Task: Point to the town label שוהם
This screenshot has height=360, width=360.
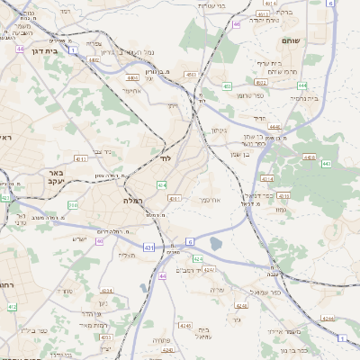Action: [315, 41]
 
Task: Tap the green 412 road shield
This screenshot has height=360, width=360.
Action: [12, 307]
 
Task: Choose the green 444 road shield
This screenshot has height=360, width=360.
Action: [302, 85]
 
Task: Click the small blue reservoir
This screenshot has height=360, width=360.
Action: [215, 242]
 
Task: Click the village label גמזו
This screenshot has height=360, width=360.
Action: [281, 210]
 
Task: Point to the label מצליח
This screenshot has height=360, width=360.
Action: [126, 256]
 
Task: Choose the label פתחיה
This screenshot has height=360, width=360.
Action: [188, 341]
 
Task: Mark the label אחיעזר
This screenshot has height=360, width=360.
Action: [130, 90]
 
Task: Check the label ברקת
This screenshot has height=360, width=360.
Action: [283, 12]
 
